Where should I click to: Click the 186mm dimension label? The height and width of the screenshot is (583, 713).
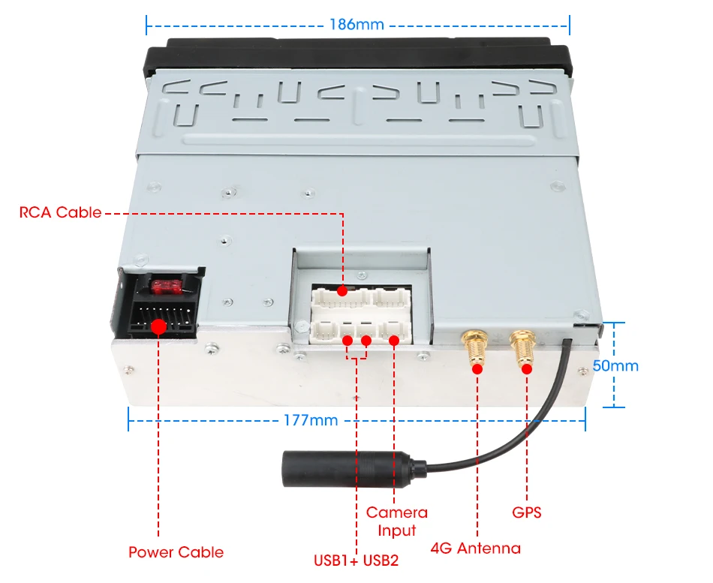click(356, 24)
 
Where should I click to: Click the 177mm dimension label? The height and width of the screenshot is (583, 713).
click(311, 420)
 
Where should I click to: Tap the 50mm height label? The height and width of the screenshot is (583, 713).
click(615, 366)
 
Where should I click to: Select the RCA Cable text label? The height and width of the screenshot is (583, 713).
click(60, 212)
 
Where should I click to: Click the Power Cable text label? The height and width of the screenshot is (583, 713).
click(176, 552)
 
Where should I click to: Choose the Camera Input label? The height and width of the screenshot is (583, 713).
click(396, 521)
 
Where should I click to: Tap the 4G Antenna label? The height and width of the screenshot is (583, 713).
click(475, 548)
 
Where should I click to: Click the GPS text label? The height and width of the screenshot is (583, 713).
click(526, 513)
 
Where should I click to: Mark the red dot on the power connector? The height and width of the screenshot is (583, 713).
click(158, 326)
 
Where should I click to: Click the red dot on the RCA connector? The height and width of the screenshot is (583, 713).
click(343, 290)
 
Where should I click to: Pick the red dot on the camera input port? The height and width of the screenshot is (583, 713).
click(394, 341)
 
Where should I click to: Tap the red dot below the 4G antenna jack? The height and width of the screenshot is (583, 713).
click(477, 368)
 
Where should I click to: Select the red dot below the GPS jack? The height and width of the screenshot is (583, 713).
click(526, 368)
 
